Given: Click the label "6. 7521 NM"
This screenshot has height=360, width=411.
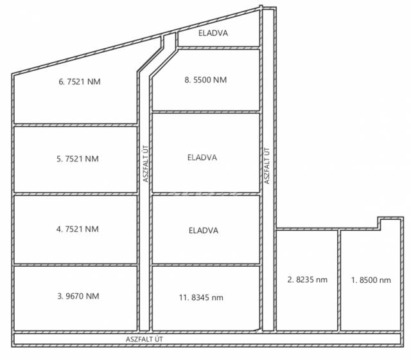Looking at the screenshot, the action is click(x=80, y=82).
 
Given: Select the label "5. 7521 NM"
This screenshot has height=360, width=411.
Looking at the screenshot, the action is click(x=78, y=159).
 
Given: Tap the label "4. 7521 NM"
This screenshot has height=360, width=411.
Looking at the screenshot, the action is click(x=78, y=229).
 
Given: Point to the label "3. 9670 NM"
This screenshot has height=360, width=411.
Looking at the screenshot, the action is click(x=78, y=296).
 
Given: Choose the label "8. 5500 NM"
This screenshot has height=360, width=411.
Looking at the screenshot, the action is click(x=205, y=80).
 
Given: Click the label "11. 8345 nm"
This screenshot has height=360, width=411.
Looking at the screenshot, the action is click(x=201, y=298).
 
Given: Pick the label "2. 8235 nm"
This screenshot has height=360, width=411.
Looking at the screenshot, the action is click(x=307, y=280).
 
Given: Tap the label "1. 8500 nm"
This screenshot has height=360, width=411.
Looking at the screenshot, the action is click(x=371, y=280).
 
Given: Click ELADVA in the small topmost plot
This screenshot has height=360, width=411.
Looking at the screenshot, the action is click(x=213, y=33).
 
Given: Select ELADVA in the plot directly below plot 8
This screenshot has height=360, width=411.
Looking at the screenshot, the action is click(x=202, y=157).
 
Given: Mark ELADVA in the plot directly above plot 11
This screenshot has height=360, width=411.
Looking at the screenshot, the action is click(x=204, y=230).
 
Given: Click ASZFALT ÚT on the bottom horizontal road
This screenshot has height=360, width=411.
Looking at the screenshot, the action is click(x=144, y=339).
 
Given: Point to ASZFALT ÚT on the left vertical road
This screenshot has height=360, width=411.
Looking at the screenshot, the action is click(x=146, y=164).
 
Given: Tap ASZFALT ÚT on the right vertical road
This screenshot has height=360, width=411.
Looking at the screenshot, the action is click(x=267, y=166).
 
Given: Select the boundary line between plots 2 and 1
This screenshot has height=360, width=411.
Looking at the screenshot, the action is click(x=339, y=280).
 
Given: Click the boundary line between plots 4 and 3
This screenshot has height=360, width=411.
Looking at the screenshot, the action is click(x=76, y=265).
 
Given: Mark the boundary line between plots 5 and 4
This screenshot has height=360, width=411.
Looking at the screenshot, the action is click(x=76, y=194).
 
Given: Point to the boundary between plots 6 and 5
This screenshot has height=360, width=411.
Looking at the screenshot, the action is click(x=76, y=125).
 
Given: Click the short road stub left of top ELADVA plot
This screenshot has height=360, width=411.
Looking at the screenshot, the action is click(x=170, y=40).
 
